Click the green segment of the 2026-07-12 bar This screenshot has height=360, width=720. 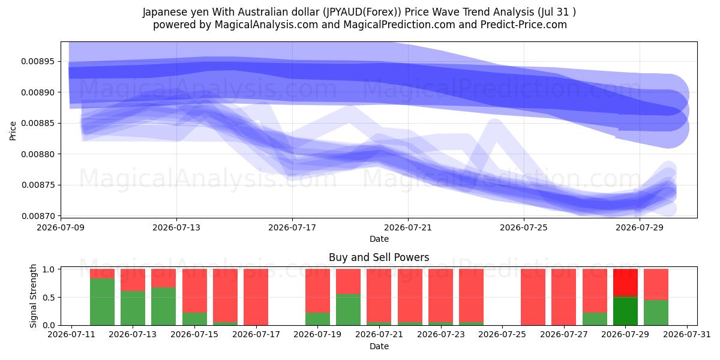coord(102,302)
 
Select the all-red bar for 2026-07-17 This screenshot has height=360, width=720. coord(256,297)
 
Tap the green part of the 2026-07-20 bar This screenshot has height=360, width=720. coord(348,310)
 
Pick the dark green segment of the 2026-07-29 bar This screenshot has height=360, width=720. coord(625,311)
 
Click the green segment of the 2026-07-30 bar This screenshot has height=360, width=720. coord(656,313)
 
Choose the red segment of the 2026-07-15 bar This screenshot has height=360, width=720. coord(194,291)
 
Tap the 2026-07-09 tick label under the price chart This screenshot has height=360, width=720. coord(61,227)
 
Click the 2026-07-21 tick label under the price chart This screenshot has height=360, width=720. coord(408,227)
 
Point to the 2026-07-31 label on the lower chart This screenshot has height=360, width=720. coord(687,335)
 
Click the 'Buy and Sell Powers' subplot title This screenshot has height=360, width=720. coord(379,257)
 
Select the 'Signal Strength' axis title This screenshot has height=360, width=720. coord(33,296)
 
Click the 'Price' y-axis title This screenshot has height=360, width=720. coord(13,131)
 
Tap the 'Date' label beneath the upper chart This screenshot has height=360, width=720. coord(379,239)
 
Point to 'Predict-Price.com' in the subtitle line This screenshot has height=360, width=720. coord(524,25)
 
